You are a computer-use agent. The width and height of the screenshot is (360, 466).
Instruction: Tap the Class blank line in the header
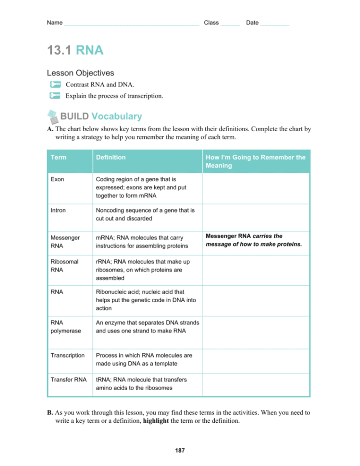coord(230,24)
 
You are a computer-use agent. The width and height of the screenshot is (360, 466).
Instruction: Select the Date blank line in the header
coord(274,24)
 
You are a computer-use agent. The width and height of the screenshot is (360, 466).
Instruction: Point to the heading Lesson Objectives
coord(80,73)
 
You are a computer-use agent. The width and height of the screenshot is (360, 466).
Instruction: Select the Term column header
coord(59,157)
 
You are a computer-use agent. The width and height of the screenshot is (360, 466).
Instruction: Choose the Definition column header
coord(111,157)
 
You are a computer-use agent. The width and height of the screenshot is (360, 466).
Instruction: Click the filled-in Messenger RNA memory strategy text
coord(254,240)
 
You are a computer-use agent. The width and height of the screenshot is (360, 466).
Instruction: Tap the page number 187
coord(180,451)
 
